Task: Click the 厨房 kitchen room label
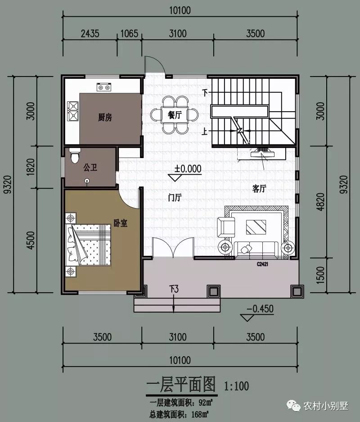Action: (105, 118)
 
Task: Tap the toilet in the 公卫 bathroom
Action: (75, 156)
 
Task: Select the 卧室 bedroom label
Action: (120, 222)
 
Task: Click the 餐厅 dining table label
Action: (175, 115)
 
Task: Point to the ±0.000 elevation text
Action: (188, 169)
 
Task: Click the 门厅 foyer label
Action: (175, 198)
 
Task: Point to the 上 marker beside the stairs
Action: (205, 132)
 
